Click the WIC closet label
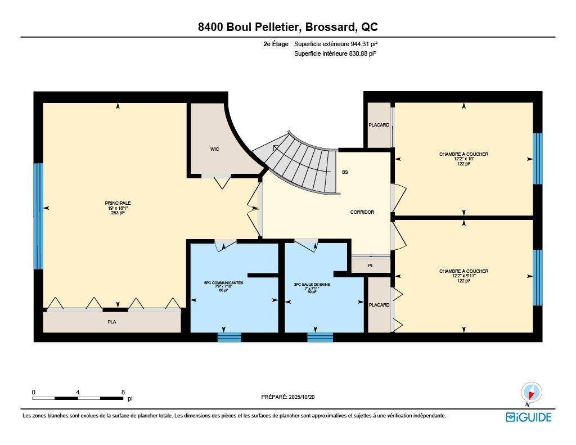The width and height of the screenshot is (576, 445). pyautogui.click(x=214, y=149)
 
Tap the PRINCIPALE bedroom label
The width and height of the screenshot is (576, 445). pyautogui.click(x=118, y=203)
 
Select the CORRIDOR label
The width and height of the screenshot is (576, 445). pyautogui.click(x=362, y=212)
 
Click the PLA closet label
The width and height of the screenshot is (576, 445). pyautogui.click(x=112, y=322)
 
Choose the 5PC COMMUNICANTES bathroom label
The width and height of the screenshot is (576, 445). pyautogui.click(x=224, y=283)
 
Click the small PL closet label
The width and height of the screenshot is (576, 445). pyautogui.click(x=371, y=265)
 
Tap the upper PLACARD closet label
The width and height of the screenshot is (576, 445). pyautogui.click(x=379, y=125)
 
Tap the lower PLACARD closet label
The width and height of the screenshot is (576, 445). pyautogui.click(x=379, y=305)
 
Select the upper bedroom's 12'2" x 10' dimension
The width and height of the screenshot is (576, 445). pyautogui.click(x=463, y=159)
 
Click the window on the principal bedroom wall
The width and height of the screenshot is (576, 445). pyautogui.click(x=38, y=216)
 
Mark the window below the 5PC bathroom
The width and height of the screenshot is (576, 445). pyautogui.click(x=229, y=338)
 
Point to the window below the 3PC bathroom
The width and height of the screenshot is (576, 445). pyautogui.click(x=319, y=338)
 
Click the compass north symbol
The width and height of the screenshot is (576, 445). pyautogui.click(x=531, y=393)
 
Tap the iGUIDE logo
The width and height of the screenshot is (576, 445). pyautogui.click(x=528, y=417)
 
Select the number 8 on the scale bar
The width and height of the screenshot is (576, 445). pyautogui.click(x=123, y=392)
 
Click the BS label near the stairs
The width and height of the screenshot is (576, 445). pyautogui.click(x=345, y=172)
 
